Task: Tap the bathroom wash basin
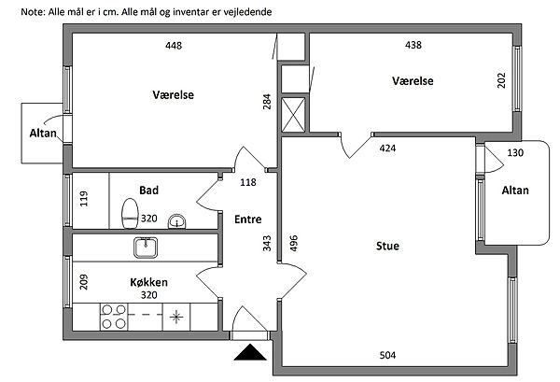176,222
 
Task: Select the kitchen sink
145,248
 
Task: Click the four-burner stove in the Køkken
114,317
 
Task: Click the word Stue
387,247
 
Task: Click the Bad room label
148,191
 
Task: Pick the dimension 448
174,46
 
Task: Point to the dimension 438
414,46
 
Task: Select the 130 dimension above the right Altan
515,152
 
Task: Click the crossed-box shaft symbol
292,115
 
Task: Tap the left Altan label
43,134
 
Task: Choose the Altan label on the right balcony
515,191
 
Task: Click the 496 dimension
292,244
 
